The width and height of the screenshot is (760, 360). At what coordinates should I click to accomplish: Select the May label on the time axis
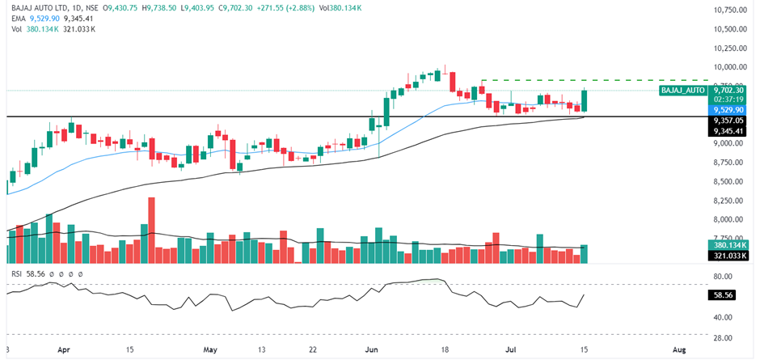pos(210,351)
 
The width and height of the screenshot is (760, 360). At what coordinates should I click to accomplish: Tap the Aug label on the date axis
pos(679,351)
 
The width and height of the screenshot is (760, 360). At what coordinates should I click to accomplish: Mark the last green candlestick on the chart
pos(584,100)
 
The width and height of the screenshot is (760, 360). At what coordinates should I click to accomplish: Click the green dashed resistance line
pos(566,80)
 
